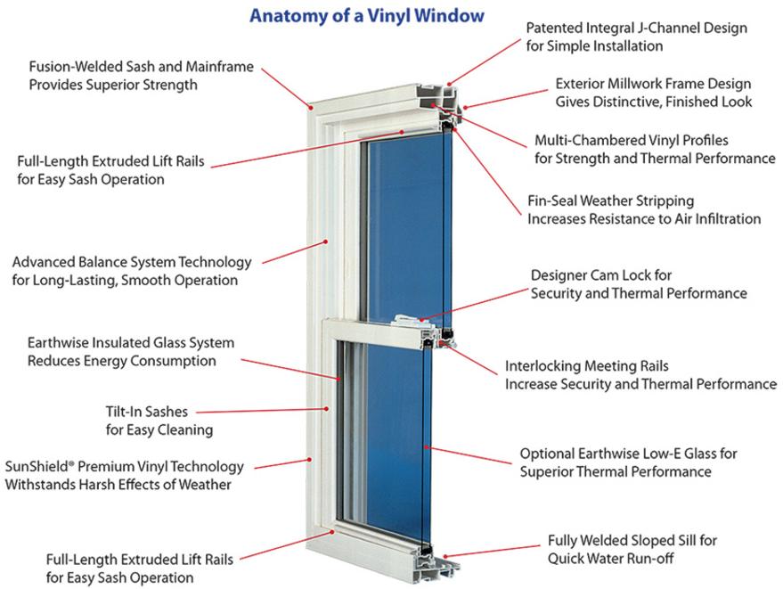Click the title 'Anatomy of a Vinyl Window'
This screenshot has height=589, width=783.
click(x=366, y=15)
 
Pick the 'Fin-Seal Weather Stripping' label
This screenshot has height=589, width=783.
click(x=610, y=200)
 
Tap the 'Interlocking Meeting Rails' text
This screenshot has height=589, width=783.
click(x=587, y=366)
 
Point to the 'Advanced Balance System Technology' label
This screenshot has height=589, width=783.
click(x=132, y=263)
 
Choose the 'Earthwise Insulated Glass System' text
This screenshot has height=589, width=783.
click(x=131, y=343)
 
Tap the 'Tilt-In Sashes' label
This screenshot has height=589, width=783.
click(x=147, y=413)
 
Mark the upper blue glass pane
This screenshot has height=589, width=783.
click(x=406, y=223)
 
